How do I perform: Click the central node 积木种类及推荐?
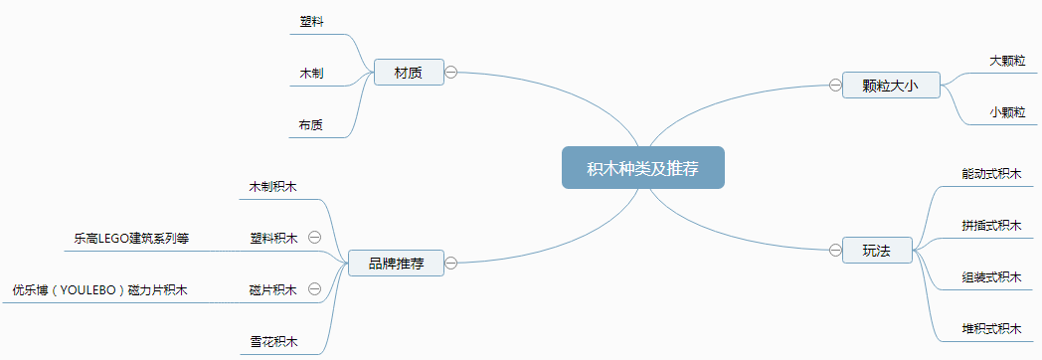point(642,168)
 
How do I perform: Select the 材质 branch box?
point(408,73)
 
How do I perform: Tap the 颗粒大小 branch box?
point(887,86)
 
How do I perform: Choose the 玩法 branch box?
point(877,251)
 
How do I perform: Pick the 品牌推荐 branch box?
point(396,264)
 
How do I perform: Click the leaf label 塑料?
point(311,21)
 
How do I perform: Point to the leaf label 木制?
point(311,74)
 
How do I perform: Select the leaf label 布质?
point(311,125)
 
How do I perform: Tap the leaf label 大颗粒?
point(1007,61)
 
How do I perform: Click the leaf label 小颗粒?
point(1007,112)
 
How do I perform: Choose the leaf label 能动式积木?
point(991,173)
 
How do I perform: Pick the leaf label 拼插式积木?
point(991,225)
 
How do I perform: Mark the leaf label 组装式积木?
point(991,276)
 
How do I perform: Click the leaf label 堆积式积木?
point(991,328)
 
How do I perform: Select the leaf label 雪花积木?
point(273,342)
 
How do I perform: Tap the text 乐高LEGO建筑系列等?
point(131,239)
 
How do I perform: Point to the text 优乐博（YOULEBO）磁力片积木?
point(99,290)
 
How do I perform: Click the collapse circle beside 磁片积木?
point(314,289)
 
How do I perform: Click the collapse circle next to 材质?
point(450,73)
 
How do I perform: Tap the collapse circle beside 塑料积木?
point(314,238)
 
